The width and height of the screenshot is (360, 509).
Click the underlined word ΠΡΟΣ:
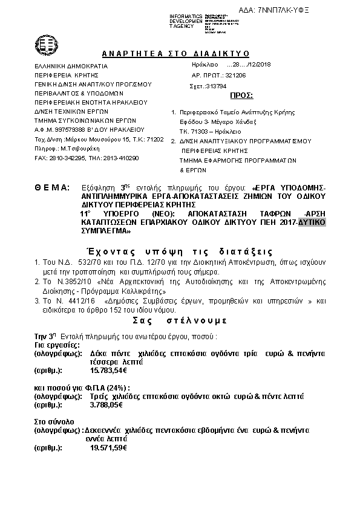click(x=242, y=96)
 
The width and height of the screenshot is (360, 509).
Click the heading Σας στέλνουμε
click(x=180, y=320)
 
